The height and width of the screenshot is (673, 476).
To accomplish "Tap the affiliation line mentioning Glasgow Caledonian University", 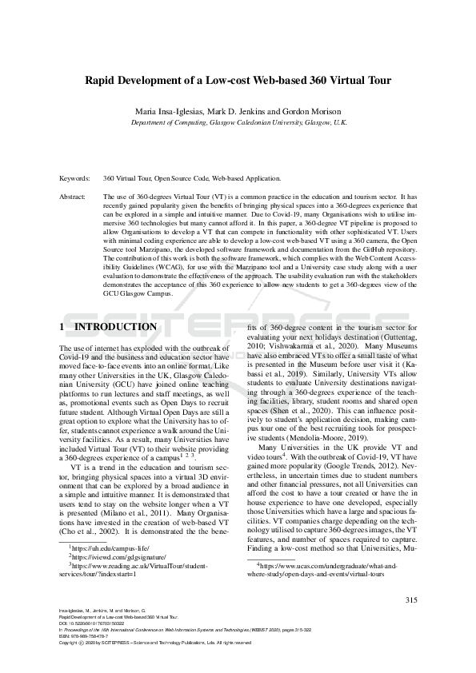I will [238, 123].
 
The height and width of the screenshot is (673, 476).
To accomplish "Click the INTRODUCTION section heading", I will [115, 328].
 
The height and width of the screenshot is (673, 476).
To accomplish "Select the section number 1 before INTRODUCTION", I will [63, 328].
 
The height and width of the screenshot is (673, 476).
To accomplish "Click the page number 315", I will [412, 600].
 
